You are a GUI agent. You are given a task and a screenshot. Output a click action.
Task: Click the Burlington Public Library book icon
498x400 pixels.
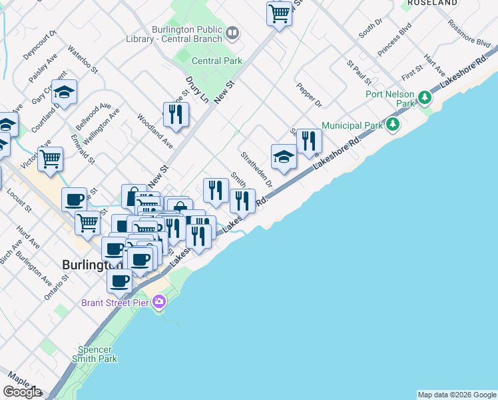click(232, 32)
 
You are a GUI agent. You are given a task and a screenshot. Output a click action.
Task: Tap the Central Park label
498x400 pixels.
click(217, 61)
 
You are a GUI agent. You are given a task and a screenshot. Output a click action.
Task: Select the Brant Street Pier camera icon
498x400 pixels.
click(158, 302)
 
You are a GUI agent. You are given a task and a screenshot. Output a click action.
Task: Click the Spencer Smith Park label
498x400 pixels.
click(97, 353)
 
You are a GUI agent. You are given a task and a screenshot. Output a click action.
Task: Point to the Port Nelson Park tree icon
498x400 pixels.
click(424, 99)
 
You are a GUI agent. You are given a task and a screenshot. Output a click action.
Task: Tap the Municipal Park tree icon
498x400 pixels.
click(393, 125)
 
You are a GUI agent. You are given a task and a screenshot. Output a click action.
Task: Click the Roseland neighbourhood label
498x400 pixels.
click(433, 3)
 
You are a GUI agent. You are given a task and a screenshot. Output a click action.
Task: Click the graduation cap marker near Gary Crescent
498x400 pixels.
click(65, 93)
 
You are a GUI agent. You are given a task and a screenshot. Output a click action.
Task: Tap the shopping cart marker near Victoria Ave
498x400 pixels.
click(50, 159)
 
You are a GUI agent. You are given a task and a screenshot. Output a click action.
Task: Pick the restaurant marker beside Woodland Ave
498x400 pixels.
click(176, 114)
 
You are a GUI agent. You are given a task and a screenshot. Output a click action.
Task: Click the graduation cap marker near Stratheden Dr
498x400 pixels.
click(284, 157)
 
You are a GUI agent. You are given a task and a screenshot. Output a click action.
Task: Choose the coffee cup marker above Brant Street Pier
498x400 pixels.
click(120, 281)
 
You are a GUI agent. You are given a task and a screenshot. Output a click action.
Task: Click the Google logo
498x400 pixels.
click(21, 392)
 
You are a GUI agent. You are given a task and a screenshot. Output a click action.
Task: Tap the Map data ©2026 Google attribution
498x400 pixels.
click(457, 395)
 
